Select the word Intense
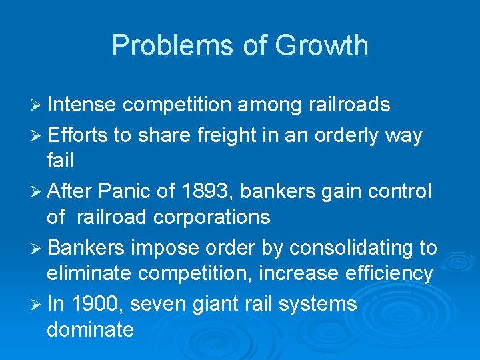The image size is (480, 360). (83, 105)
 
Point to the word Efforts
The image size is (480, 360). (77, 135)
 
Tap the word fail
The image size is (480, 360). (60, 161)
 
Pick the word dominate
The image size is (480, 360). (90, 329)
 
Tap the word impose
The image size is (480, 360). (163, 247)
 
